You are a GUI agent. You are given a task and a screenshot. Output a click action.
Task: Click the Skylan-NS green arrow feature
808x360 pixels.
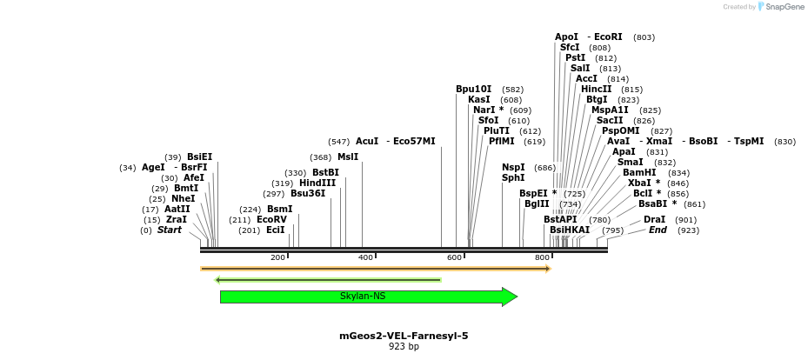click(x=367, y=297)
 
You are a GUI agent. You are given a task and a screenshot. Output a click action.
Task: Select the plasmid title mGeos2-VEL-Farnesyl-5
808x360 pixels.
click(x=404, y=336)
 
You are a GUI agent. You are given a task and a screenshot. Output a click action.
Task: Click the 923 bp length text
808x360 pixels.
click(x=404, y=347)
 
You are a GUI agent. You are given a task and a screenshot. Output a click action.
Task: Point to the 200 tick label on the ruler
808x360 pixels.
click(x=277, y=257)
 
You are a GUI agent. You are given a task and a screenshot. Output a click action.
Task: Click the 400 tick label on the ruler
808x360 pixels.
click(x=366, y=257)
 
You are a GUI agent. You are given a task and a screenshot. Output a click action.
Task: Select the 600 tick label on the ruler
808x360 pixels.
click(x=454, y=257)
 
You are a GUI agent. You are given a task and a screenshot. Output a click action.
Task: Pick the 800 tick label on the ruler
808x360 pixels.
click(x=542, y=257)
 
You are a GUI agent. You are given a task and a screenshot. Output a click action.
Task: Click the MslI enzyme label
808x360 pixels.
click(x=348, y=157)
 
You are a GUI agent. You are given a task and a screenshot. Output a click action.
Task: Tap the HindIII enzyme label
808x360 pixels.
click(x=317, y=183)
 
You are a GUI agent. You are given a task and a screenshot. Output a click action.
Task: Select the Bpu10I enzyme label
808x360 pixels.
click(x=474, y=89)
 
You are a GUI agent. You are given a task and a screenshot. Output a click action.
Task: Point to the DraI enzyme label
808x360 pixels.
click(x=655, y=219)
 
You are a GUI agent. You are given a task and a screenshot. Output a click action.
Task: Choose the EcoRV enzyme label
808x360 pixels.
click(x=271, y=219)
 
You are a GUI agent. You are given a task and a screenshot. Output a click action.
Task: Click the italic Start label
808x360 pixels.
click(x=170, y=230)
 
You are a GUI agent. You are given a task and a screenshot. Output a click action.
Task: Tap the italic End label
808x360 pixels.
click(x=658, y=230)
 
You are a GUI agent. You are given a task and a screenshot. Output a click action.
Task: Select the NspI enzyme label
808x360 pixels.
click(x=513, y=167)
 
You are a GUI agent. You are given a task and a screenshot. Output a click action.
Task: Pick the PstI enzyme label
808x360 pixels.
click(x=575, y=57)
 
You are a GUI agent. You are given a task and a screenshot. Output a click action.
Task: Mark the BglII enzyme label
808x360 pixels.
click(x=537, y=203)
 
